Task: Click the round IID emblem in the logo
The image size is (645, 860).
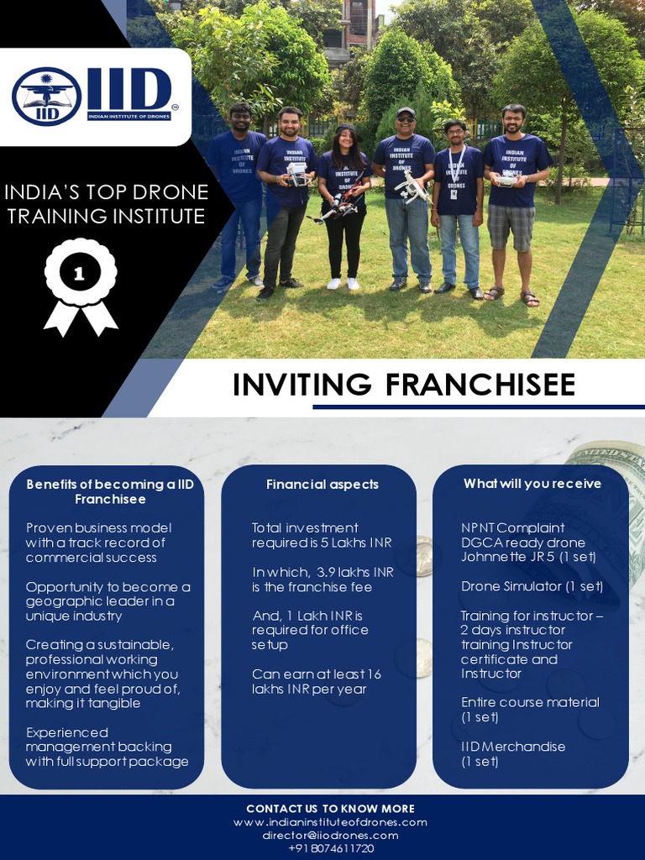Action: point(46,96)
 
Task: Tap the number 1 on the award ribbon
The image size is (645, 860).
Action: point(80,275)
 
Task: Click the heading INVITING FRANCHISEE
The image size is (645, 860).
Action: point(404,384)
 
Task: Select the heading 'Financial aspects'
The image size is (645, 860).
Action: point(322,484)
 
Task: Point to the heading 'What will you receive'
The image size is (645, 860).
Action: point(532,483)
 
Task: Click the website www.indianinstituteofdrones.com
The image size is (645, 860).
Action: point(330,822)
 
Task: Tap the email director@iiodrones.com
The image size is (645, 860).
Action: point(330,836)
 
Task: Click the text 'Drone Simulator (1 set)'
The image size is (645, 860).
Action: point(532,586)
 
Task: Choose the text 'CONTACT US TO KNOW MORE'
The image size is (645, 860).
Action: point(330,809)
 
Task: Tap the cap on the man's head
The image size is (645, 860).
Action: point(406,112)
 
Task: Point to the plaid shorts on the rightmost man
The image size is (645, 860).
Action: point(511,227)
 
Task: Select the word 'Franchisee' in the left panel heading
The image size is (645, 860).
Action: point(110,499)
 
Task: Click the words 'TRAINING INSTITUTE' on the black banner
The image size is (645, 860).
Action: point(106,216)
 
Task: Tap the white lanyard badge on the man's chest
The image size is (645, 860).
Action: point(454,193)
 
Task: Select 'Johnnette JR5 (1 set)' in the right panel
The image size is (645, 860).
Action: point(528,557)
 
